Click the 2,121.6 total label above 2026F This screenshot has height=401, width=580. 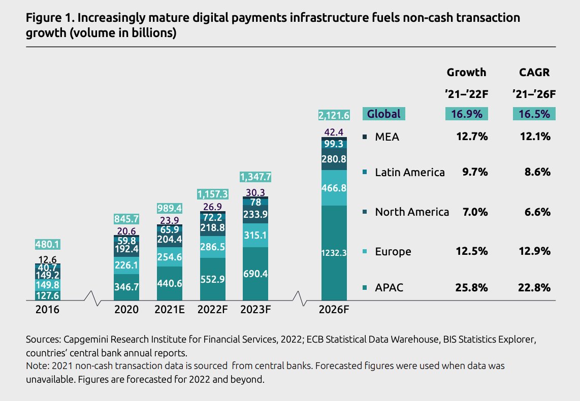click(x=334, y=116)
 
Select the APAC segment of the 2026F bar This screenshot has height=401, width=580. click(x=334, y=252)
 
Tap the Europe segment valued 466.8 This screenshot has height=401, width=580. click(x=334, y=188)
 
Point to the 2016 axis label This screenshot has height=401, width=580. click(x=47, y=310)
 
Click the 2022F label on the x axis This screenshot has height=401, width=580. click(x=212, y=310)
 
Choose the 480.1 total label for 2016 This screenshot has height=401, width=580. click(x=48, y=245)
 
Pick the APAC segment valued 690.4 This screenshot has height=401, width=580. click(x=255, y=274)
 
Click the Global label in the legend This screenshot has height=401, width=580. click(x=383, y=114)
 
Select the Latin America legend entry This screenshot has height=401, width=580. click(x=409, y=173)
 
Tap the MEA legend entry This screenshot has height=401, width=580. click(x=386, y=137)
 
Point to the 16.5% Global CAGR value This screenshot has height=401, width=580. click(x=534, y=114)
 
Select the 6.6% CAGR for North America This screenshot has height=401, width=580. click(x=538, y=212)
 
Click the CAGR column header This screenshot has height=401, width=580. click(x=534, y=73)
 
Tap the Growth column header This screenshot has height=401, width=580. click(x=466, y=73)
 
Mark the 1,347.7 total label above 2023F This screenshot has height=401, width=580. click(x=255, y=177)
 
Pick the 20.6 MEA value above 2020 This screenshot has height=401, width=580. click(x=126, y=230)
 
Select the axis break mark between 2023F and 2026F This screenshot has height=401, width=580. click(x=303, y=298)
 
